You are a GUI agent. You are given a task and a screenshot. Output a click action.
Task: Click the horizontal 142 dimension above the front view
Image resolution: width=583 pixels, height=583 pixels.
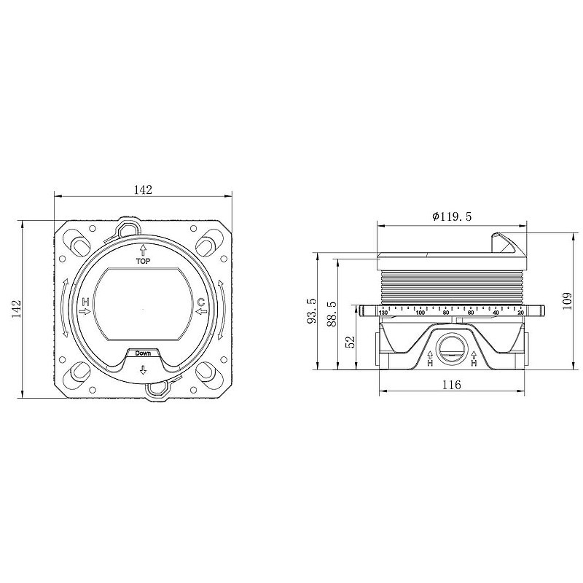point(143,189)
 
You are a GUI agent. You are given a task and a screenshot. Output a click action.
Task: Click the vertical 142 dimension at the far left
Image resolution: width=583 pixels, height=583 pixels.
point(17,308)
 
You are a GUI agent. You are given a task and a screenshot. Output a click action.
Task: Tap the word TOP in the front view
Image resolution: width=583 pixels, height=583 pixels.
point(143,261)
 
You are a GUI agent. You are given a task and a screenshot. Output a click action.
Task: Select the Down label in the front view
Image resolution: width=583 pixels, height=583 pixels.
point(143,353)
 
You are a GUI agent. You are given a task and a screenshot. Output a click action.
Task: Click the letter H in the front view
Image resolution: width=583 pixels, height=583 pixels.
point(86,301)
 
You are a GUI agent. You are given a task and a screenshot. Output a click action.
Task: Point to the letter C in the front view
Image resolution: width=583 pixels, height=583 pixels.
point(201,301)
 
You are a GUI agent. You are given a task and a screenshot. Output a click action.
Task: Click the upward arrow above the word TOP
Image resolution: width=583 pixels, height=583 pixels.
point(143,249)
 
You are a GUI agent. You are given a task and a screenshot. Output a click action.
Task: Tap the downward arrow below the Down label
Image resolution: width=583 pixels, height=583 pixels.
point(143,369)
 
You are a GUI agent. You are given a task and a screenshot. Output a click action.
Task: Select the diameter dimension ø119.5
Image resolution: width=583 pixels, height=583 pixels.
point(452,216)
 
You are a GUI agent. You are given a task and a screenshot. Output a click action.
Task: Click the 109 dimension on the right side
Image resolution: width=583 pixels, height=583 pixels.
point(568,302)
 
